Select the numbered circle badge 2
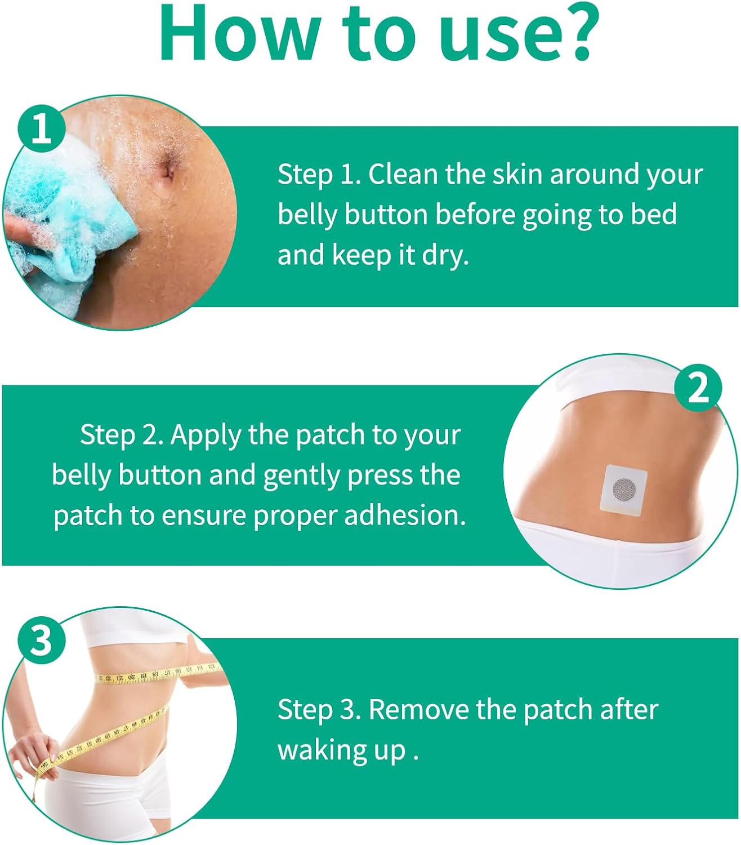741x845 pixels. click(698, 388)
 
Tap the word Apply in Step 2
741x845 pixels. click(206, 435)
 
